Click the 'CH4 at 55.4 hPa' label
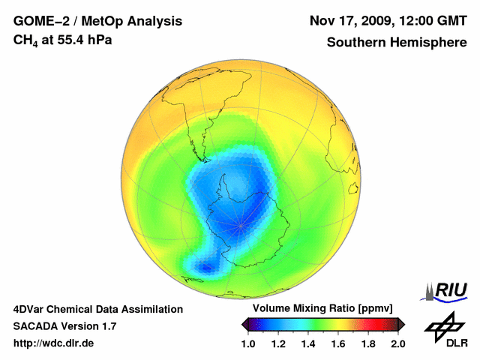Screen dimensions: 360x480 click(x=63, y=40)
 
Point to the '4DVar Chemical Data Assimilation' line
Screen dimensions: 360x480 click(x=97, y=309)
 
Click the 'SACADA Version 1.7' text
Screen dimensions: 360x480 click(x=64, y=326)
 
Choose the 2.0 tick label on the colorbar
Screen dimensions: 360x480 click(x=397, y=343)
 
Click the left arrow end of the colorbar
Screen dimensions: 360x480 click(x=244, y=324)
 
